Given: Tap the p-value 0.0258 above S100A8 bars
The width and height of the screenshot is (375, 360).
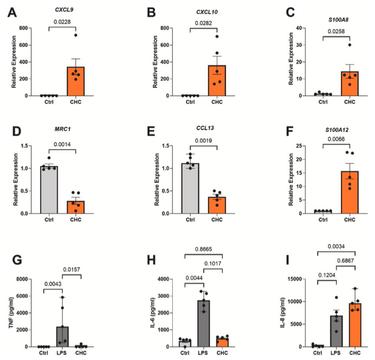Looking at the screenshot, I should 336,30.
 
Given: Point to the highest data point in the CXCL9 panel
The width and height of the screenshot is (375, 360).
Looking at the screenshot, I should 76,35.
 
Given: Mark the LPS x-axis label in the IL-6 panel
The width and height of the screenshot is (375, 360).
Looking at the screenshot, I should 204,352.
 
